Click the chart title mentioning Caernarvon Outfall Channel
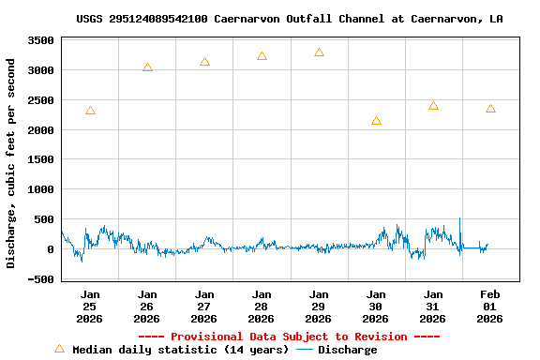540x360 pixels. pyautogui.click(x=289, y=19)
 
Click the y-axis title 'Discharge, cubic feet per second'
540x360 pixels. pyautogui.click(x=11, y=163)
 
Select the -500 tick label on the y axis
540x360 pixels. pyautogui.click(x=39, y=279)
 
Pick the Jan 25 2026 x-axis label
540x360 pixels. pyautogui.click(x=90, y=307)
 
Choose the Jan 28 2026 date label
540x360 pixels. pyautogui.click(x=262, y=307)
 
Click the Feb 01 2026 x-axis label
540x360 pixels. pyautogui.click(x=490, y=307)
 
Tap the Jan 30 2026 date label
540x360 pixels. pyautogui.click(x=376, y=307)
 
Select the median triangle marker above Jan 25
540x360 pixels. pyautogui.click(x=90, y=111)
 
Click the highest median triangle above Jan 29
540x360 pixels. pyautogui.click(x=319, y=52)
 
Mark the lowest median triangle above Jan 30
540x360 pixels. pyautogui.click(x=376, y=121)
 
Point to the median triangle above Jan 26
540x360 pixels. pyautogui.click(x=147, y=67)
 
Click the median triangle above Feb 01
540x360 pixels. pyautogui.click(x=490, y=109)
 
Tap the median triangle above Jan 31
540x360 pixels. pyautogui.click(x=433, y=106)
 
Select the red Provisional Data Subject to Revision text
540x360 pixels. pyautogui.click(x=289, y=337)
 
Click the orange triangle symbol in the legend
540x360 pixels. pyautogui.click(x=59, y=349)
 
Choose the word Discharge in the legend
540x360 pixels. pyautogui.click(x=347, y=350)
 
